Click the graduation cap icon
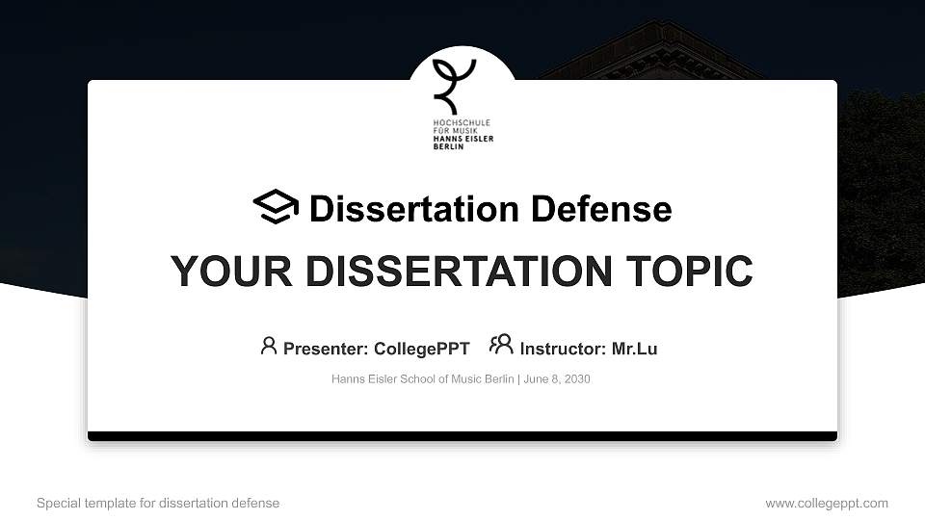[x=276, y=207]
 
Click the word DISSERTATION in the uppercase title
[x=453, y=272]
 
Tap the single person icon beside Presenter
[x=269, y=346]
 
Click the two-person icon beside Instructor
[x=501, y=345]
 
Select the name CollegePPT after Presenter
[x=421, y=349]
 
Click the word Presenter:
[x=325, y=349]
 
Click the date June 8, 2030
[x=557, y=379]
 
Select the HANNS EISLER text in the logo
[x=462, y=139]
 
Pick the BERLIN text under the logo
[x=448, y=146]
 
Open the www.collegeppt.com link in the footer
[x=826, y=503]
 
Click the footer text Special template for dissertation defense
[x=158, y=503]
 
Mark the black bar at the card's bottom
[x=462, y=436]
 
